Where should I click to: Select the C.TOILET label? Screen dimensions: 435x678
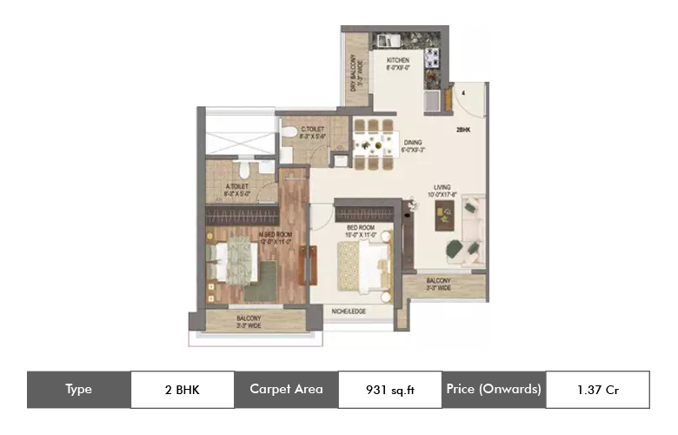click(x=301, y=134)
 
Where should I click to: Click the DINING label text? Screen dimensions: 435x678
click(x=412, y=146)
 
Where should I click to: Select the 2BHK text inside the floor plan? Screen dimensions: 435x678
click(x=463, y=130)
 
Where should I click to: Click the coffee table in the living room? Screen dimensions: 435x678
click(x=447, y=217)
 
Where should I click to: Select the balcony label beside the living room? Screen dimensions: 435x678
click(x=439, y=284)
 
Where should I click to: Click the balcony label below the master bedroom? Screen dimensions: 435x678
click(x=249, y=323)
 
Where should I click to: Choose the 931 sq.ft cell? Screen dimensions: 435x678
click(x=389, y=390)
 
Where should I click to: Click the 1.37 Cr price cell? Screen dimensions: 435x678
click(x=597, y=390)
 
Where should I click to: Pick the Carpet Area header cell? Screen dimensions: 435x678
click(x=286, y=390)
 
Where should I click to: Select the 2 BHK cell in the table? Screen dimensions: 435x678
click(x=182, y=390)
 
